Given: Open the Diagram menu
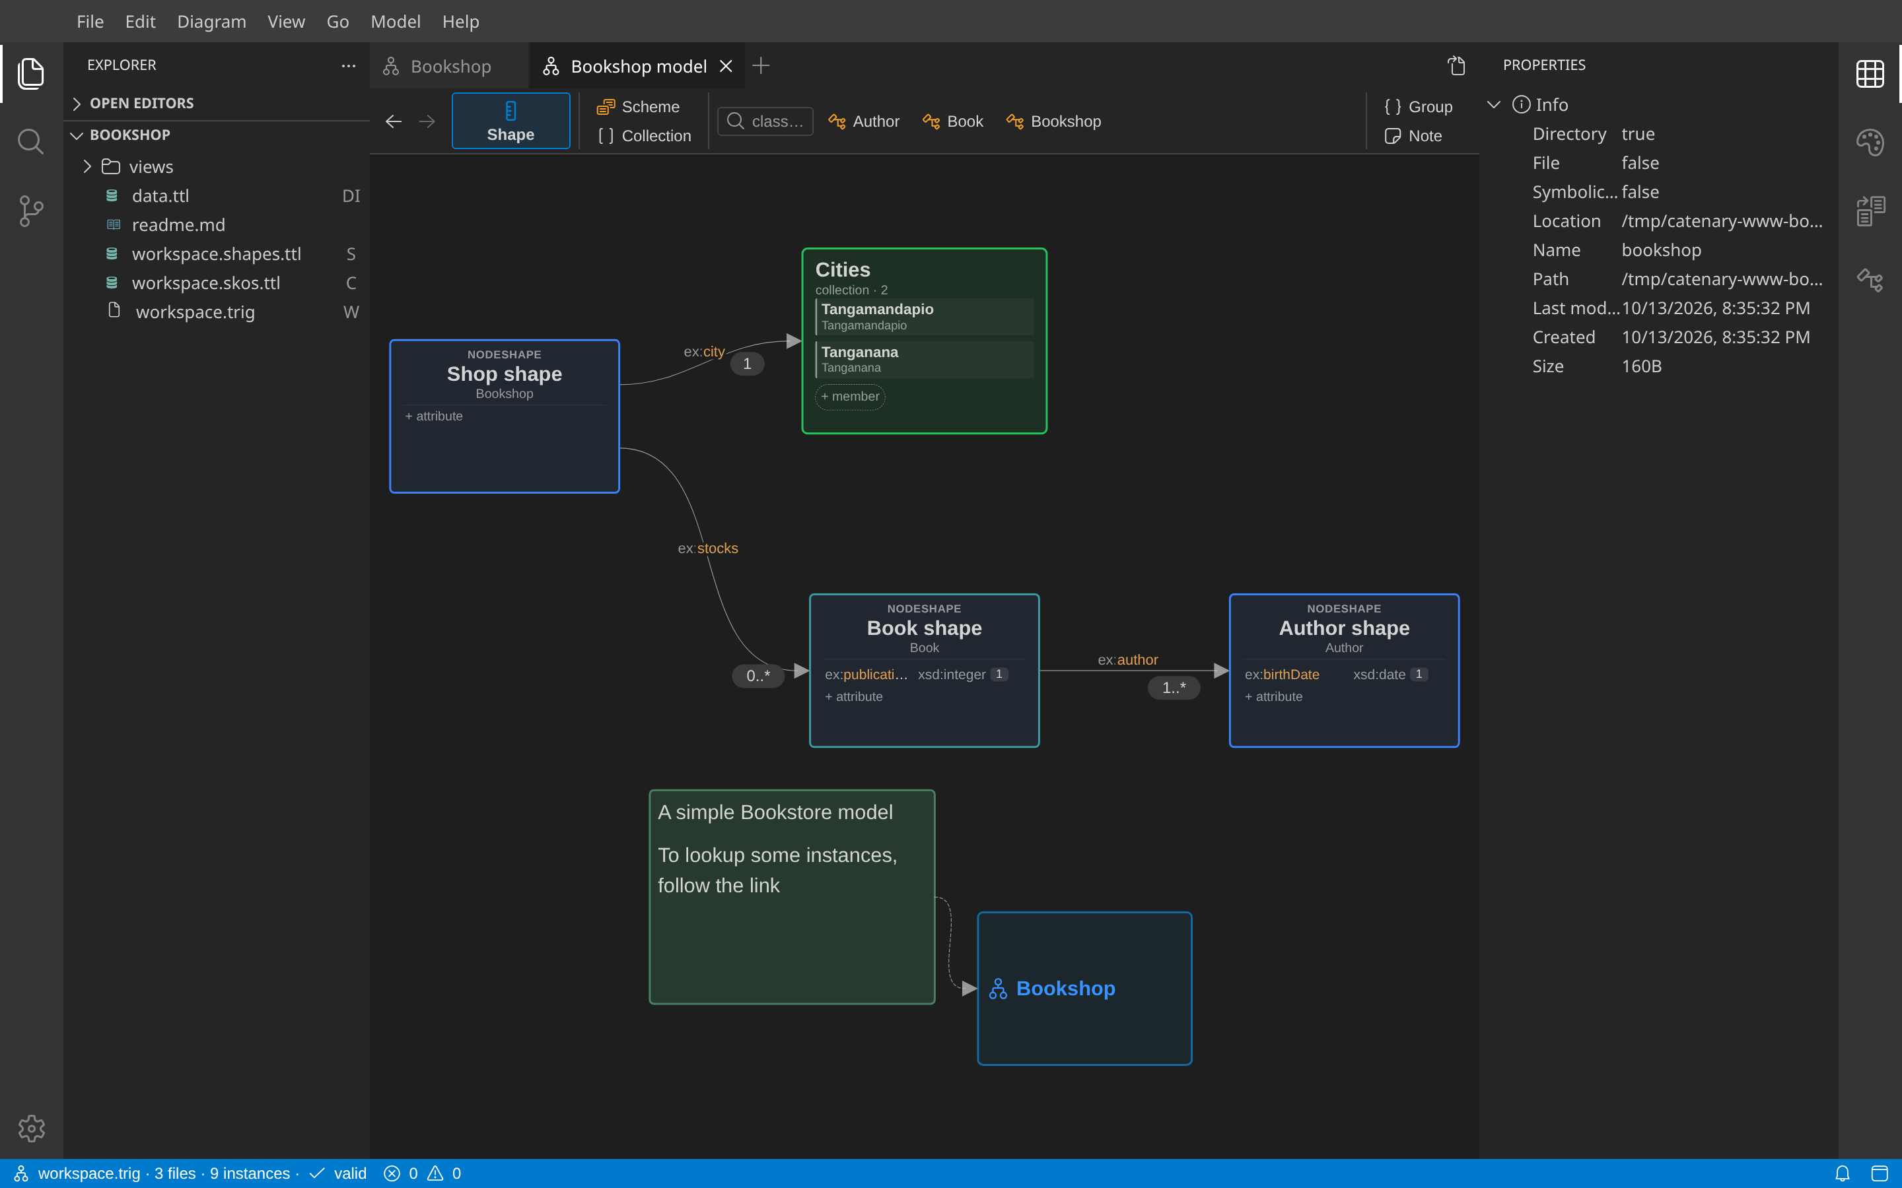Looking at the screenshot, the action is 211,21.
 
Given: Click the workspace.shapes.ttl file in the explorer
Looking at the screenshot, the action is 216,254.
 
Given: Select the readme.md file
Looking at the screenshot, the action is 178,224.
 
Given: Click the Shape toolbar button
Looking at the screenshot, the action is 511,121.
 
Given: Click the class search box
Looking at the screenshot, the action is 765,121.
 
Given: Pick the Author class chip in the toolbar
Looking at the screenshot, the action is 864,121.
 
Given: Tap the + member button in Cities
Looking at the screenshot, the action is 851,397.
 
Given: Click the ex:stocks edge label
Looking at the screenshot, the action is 708,548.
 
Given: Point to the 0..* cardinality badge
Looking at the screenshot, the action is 758,676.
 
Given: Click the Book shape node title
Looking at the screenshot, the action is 925,628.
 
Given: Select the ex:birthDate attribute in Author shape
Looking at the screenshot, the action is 1282,674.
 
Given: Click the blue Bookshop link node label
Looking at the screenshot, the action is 1066,989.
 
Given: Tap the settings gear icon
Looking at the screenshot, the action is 32,1129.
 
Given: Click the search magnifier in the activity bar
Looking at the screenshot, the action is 30,142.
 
